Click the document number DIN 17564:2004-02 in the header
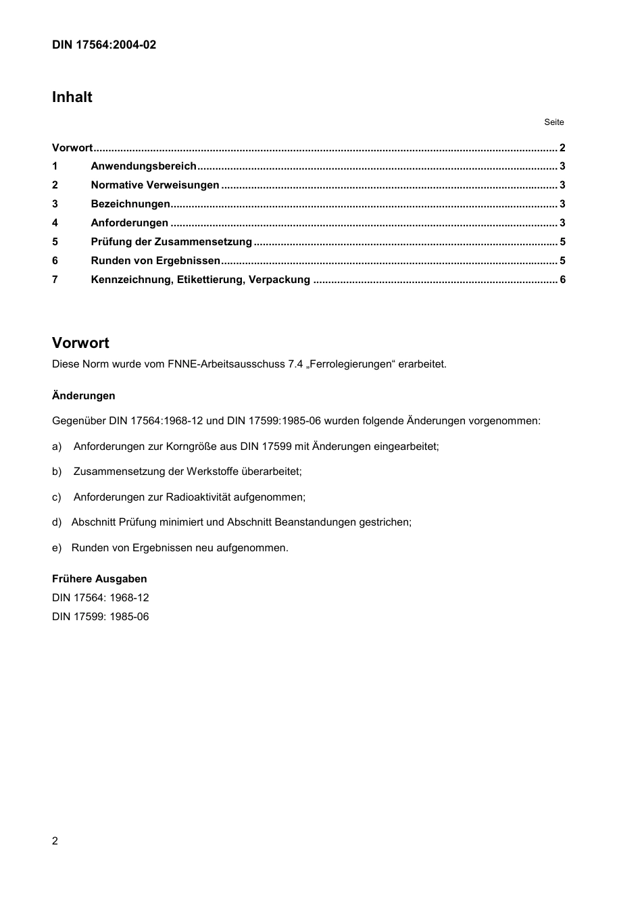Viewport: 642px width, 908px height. coord(104,45)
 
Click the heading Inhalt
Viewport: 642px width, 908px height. coord(72,97)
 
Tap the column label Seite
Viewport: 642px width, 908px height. coord(553,122)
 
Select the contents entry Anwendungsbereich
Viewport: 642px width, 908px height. coord(143,166)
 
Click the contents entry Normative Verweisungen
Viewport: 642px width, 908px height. coord(155,185)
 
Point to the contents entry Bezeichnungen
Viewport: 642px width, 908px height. coord(130,204)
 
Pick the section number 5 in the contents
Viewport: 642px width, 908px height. coord(55,242)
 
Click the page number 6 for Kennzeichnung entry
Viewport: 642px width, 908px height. coord(562,280)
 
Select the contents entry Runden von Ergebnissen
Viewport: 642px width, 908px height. coord(155,261)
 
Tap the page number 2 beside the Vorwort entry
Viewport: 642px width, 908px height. coord(562,148)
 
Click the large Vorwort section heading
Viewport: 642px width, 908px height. coord(80,343)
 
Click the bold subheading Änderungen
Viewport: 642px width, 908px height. coord(84,396)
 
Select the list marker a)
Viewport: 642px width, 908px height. coord(57,447)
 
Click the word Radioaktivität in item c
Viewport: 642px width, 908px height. coord(198,497)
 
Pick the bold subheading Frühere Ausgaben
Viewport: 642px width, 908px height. coord(99,579)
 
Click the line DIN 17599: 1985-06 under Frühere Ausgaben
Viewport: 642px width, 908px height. coord(101,617)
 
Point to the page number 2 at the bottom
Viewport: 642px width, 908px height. coord(55,841)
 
